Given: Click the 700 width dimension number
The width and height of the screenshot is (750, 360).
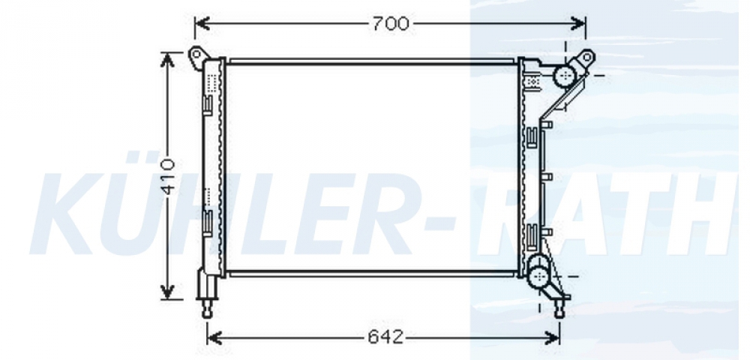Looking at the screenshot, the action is click(391, 23).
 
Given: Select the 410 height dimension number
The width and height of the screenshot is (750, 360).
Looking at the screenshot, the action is click(167, 176).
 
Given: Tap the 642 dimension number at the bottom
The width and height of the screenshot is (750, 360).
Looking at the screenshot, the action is click(385, 337).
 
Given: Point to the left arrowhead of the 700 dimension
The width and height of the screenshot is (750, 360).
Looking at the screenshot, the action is click(202, 23).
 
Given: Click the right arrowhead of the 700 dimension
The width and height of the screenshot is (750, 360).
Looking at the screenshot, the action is click(578, 23).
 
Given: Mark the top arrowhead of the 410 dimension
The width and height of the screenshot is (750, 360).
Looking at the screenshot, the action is click(167, 60).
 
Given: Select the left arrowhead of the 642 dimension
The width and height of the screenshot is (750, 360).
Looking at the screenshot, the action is click(214, 338).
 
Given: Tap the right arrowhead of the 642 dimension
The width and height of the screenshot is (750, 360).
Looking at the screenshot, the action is click(552, 338).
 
